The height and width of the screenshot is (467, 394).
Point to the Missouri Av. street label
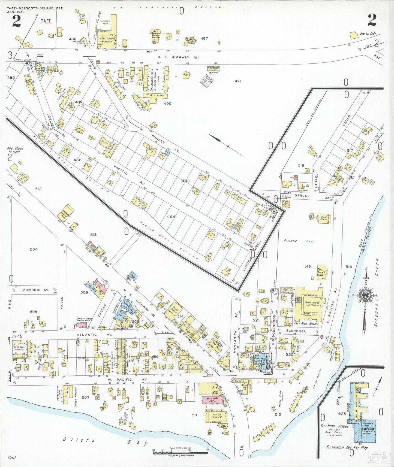point(36,290)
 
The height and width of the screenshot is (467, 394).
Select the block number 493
point(185,181)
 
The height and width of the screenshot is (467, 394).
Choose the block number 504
point(34,249)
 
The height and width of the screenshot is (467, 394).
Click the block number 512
point(38,189)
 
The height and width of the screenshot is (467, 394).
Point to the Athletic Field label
point(299,241)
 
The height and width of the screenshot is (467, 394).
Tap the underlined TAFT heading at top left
point(46,21)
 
